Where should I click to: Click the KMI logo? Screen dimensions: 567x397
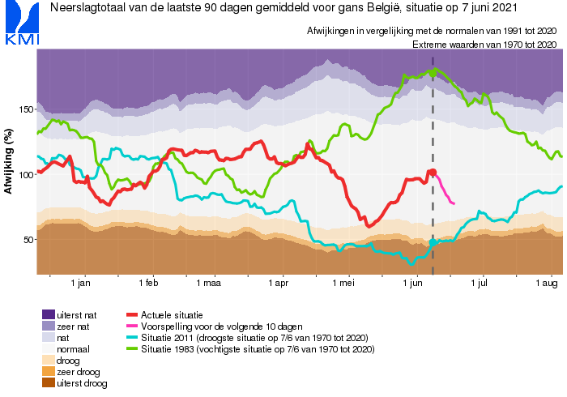[22, 23]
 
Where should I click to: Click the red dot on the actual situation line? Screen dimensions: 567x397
[433, 173]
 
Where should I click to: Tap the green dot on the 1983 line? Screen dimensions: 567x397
[433, 73]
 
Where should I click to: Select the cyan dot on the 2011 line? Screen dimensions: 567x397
[433, 242]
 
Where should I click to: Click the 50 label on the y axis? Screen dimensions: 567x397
[28, 240]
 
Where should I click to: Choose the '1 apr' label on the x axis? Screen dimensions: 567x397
[278, 283]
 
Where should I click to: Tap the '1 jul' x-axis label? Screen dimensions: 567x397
[479, 283]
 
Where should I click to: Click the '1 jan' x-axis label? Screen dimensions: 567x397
[80, 283]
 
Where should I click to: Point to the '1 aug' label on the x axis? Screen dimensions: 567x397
[547, 283]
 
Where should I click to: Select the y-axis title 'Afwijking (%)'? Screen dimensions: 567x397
[8, 161]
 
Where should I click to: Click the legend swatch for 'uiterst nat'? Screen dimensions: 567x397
[49, 314]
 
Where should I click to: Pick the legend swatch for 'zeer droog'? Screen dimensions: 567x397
[49, 371]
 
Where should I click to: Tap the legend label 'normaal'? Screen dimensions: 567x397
[73, 349]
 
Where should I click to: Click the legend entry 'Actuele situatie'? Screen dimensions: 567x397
[172, 315]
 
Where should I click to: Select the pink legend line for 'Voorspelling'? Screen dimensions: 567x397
[132, 327]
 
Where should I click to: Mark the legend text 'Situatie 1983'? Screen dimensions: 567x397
[168, 349]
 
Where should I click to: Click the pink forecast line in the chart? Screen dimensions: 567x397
[444, 190]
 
